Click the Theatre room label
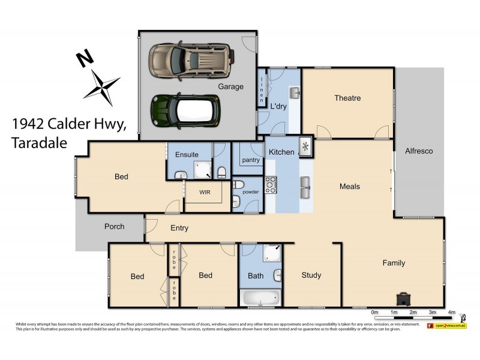(x=347, y=98)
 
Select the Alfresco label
(x=419, y=151)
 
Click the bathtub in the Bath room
(x=260, y=297)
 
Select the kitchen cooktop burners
(x=270, y=185)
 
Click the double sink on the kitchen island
(x=306, y=187)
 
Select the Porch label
(x=114, y=226)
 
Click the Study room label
(x=311, y=275)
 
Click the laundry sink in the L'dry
(x=294, y=93)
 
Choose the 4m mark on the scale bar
(x=451, y=313)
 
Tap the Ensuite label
(x=187, y=155)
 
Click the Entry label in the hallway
(x=179, y=227)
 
